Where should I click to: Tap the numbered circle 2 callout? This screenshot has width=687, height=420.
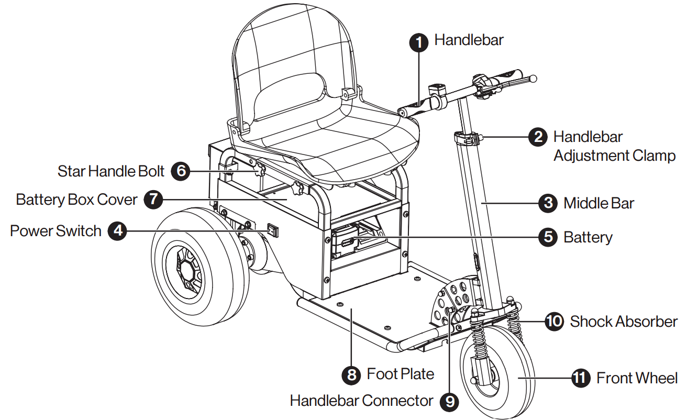tap(537, 137)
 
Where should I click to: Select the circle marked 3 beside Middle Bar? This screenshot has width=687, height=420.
tap(548, 203)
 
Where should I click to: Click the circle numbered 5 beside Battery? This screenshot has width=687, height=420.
tap(548, 237)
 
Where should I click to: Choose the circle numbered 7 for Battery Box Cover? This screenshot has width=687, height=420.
tap(153, 200)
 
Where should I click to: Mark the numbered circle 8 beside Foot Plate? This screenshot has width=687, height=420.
tap(351, 374)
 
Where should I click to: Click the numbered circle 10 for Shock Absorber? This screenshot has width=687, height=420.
tap(554, 321)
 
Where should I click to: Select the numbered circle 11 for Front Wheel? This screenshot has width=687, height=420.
tap(580, 378)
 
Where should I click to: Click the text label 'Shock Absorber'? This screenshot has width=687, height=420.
tap(623, 321)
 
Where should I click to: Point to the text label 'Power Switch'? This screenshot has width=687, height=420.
tap(56, 231)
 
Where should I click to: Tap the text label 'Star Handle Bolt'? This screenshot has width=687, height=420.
tap(111, 171)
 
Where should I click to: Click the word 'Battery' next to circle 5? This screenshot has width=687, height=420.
tap(588, 237)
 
